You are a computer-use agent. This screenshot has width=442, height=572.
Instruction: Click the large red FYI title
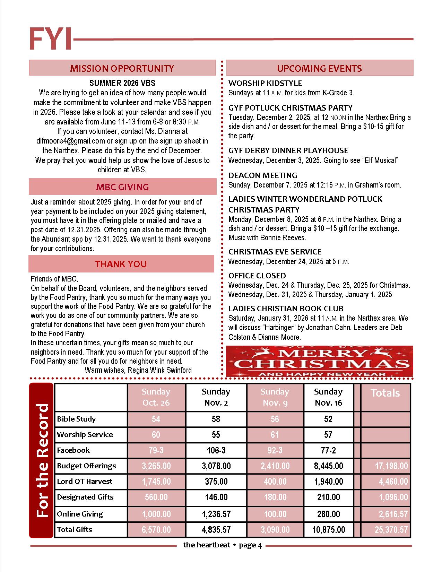click(x=51, y=39)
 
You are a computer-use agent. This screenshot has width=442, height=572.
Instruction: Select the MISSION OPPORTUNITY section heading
click(x=122, y=68)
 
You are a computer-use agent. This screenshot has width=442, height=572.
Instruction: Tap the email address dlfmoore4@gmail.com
click(x=71, y=141)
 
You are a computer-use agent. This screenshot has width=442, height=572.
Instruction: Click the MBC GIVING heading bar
click(x=122, y=187)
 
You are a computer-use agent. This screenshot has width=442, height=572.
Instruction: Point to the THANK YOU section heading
click(x=121, y=264)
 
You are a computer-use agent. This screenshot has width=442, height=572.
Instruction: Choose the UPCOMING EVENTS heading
click(x=319, y=68)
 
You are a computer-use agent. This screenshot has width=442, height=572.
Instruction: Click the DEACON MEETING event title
click(x=263, y=175)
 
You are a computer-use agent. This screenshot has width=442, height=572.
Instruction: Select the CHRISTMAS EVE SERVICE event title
click(x=275, y=252)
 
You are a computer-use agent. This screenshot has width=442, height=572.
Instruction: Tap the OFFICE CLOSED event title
click(x=257, y=276)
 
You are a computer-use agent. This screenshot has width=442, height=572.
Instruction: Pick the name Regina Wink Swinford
click(x=159, y=370)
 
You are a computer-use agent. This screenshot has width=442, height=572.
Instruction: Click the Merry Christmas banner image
click(x=319, y=361)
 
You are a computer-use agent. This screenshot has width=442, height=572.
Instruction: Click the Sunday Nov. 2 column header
click(x=216, y=397)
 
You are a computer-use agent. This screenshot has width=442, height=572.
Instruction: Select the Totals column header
click(x=385, y=393)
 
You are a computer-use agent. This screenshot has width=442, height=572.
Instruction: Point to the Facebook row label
click(x=73, y=450)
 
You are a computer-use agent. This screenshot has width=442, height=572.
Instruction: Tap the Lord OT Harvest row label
click(x=85, y=482)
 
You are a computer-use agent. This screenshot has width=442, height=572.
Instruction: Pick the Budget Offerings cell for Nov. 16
click(x=328, y=466)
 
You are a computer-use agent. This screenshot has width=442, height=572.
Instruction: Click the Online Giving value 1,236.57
click(x=216, y=514)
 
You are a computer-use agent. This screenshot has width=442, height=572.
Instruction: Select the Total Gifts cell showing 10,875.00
click(x=328, y=530)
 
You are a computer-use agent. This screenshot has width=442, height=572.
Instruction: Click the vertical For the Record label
click(x=42, y=461)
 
